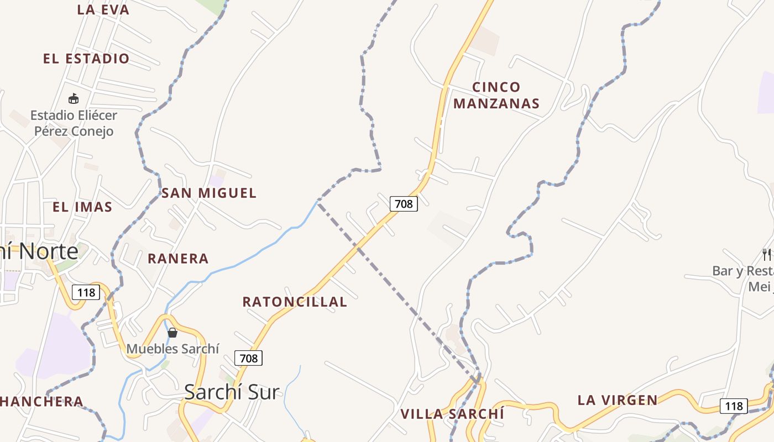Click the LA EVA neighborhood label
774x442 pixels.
pos(103,9)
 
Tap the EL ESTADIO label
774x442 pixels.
pos(86,59)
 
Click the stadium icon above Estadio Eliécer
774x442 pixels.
pos(73,99)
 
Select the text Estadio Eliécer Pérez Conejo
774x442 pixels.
pos(74,123)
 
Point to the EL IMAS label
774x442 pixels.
pos(82,207)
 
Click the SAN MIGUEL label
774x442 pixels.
pos(209,193)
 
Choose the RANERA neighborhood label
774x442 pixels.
pos(178,259)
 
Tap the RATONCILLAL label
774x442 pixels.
pos(295,302)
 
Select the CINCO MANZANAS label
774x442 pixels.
pos(496,95)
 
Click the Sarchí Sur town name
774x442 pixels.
pos(232,392)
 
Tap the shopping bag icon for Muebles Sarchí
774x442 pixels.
pos(172,333)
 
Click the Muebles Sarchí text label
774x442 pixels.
pos(172,349)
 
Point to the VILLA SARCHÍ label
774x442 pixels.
pos(452,414)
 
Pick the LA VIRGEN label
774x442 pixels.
pos(618,400)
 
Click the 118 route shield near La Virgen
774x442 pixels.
pos(734,406)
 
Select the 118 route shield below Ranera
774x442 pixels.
pos(86,292)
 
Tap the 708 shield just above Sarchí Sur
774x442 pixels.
pos(249,358)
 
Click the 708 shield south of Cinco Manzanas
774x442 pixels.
pos(404,203)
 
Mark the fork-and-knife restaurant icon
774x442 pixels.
pos(767,254)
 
